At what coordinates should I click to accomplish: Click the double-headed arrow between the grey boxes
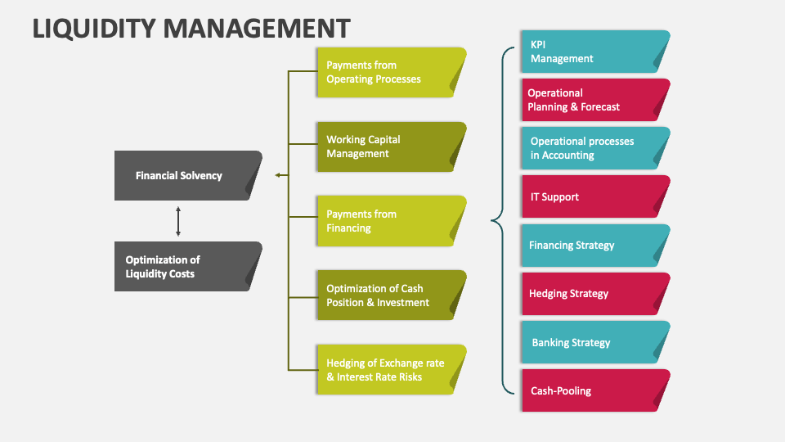tap(178, 221)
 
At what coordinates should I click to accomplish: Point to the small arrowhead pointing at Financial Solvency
tap(278, 175)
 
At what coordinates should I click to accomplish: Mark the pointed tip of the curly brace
tap(491, 219)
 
